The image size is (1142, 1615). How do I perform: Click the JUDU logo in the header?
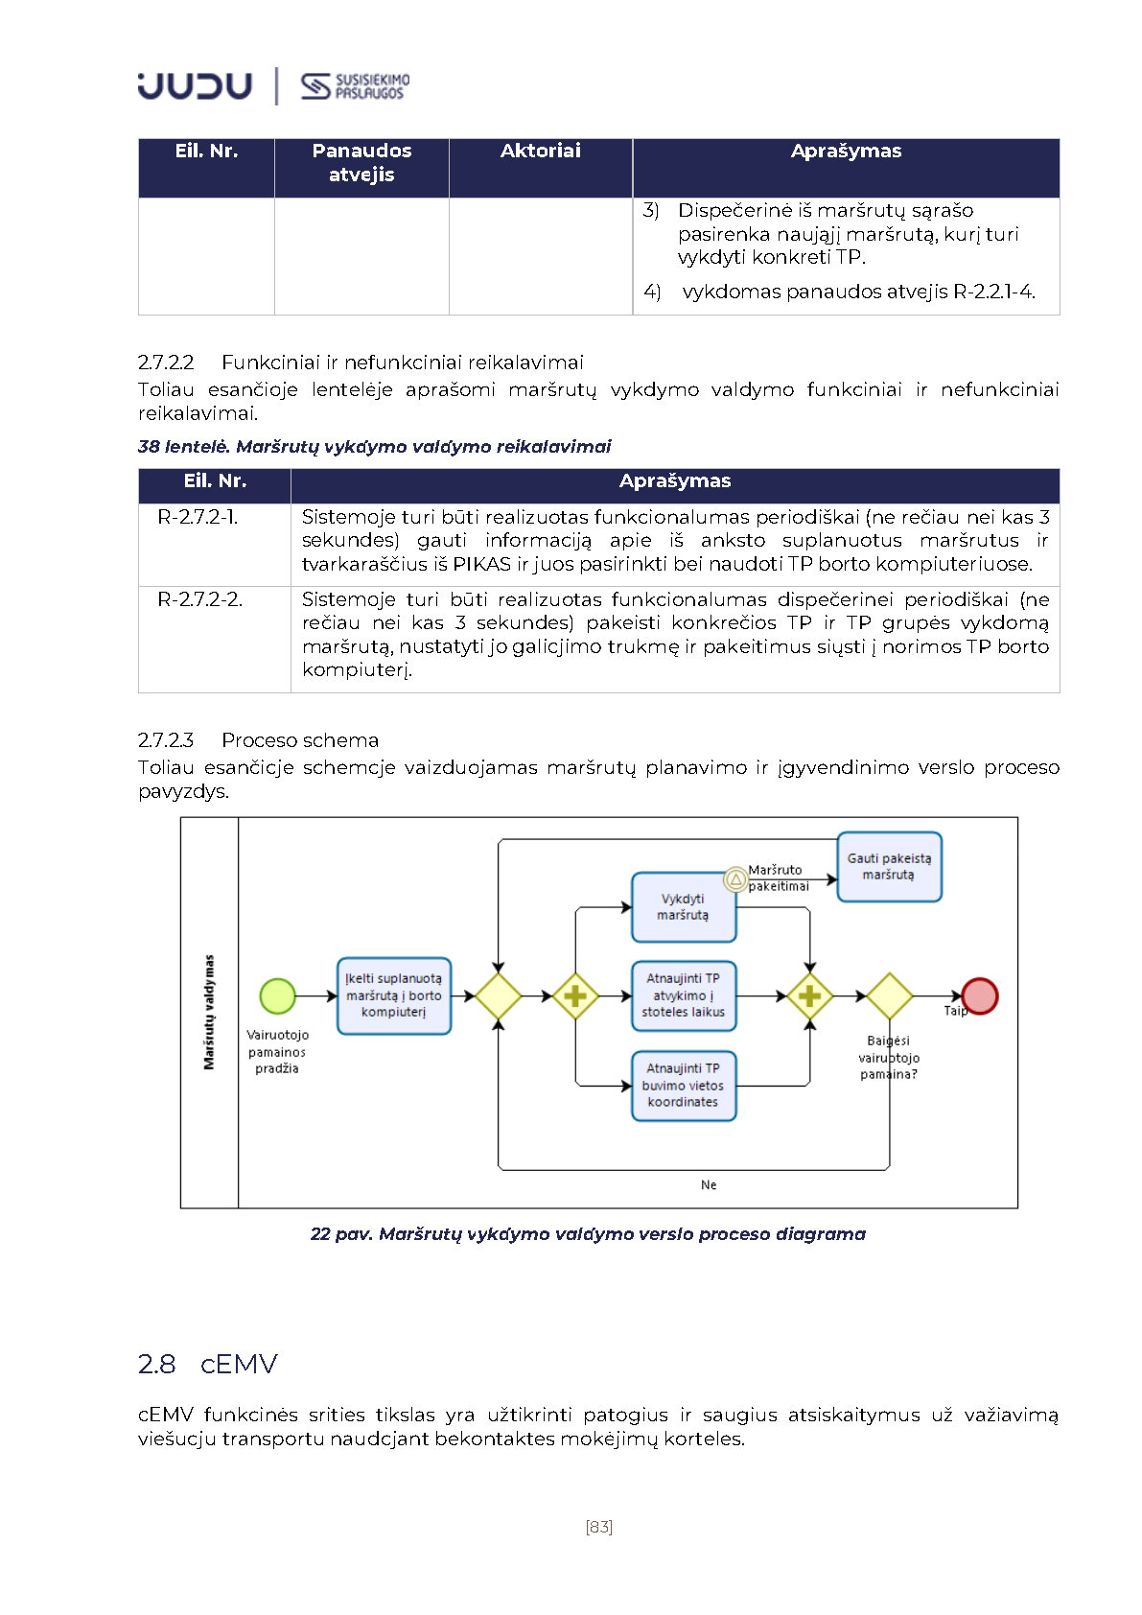[195, 86]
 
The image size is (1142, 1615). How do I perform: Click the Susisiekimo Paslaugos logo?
[355, 86]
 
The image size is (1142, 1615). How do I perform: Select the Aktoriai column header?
[540, 151]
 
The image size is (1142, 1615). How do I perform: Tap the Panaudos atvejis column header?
[361, 162]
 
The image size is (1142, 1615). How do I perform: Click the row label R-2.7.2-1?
[198, 517]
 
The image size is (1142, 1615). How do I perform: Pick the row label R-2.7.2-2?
[199, 599]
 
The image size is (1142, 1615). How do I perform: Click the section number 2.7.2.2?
[166, 363]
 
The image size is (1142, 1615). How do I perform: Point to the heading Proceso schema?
[300, 740]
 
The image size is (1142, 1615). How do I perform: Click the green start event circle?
[277, 995]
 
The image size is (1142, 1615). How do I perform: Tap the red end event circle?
[979, 995]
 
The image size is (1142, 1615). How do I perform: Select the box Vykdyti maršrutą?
[683, 907]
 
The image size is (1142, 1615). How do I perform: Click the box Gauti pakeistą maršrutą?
[889, 867]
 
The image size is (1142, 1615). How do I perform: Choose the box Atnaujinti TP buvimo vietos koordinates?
[683, 1086]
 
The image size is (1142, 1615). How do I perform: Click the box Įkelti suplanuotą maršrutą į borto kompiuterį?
[393, 995]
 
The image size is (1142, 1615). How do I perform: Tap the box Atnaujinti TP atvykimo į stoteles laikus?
[683, 995]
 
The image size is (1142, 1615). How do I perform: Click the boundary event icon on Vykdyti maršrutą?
[735, 878]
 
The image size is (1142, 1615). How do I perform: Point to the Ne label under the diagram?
[709, 1185]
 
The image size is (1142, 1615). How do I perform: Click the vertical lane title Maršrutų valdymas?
[209, 1012]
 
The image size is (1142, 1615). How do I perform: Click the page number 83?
[598, 1527]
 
